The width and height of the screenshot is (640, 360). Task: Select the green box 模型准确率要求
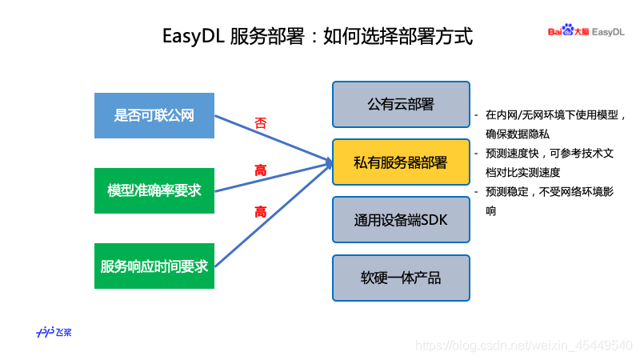(154, 190)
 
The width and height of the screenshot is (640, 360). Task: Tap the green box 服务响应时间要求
(154, 266)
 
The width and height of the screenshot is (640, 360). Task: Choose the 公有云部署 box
(400, 104)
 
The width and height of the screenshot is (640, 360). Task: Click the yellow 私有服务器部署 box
(400, 162)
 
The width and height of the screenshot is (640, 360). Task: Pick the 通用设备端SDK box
(400, 220)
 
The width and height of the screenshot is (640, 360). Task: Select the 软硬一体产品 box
(400, 278)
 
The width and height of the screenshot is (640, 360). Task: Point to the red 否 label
(261, 123)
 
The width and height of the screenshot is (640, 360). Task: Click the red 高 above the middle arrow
(261, 170)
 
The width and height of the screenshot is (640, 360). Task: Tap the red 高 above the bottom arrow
(261, 212)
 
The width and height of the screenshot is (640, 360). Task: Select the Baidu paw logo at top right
(568, 30)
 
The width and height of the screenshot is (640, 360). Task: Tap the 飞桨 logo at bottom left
(54, 332)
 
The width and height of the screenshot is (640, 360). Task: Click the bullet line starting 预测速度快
(551, 153)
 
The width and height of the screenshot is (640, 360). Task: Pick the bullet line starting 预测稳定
(551, 192)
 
